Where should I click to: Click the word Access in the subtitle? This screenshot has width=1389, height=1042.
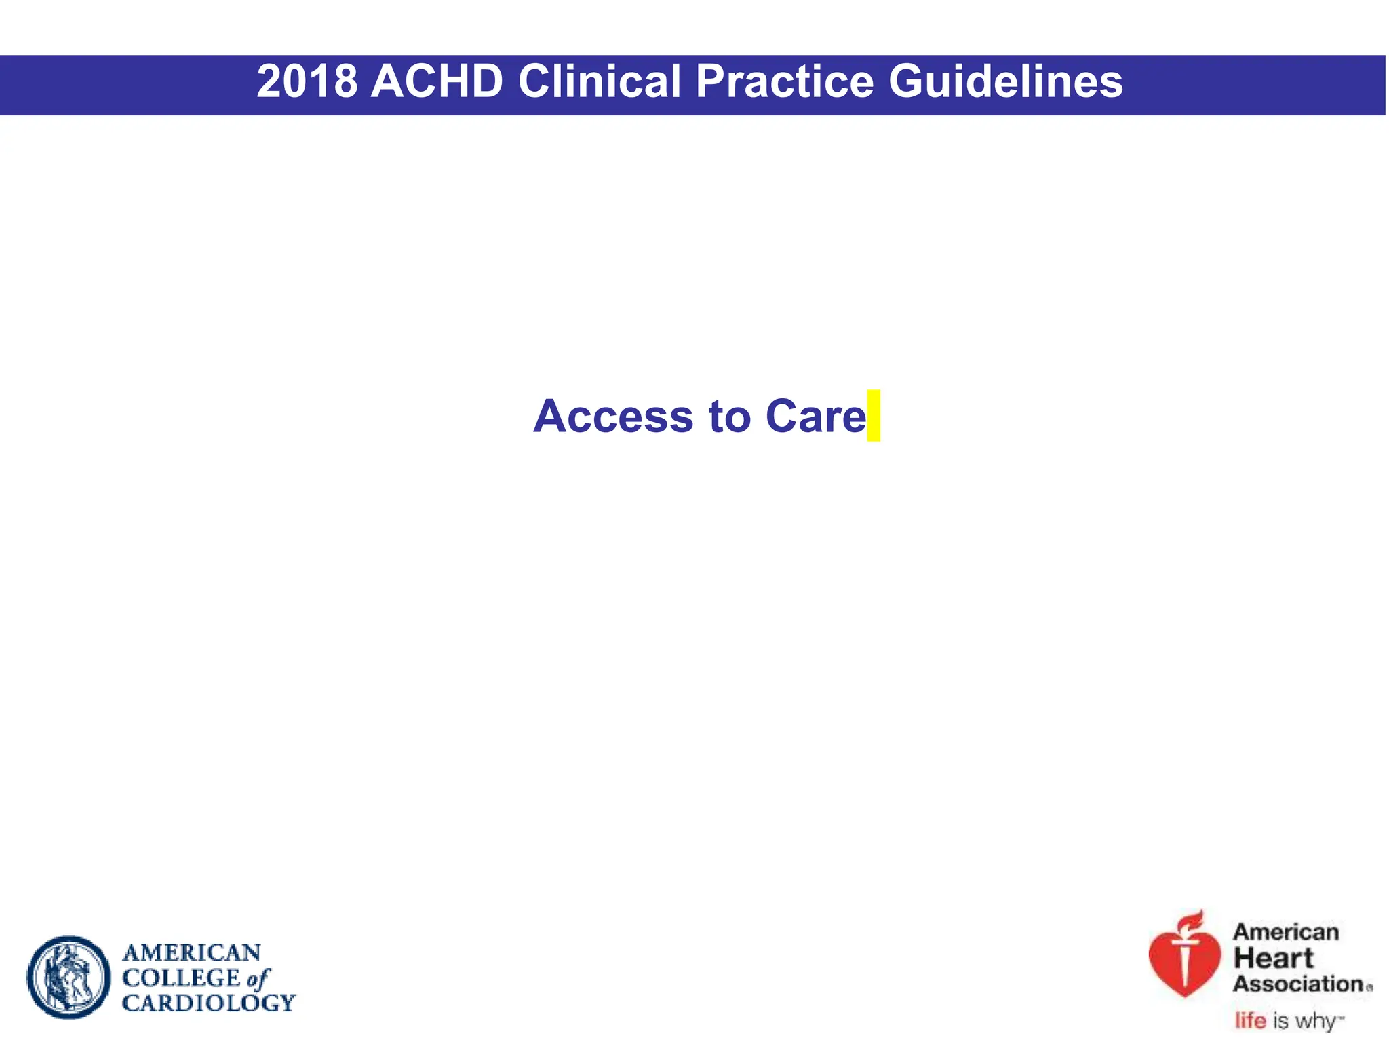point(613,417)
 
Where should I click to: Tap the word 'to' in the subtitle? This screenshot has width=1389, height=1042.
point(730,417)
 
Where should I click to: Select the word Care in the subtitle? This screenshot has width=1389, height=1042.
point(815,417)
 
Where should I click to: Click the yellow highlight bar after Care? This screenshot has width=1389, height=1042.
point(874,415)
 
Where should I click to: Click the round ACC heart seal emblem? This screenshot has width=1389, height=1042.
point(69,978)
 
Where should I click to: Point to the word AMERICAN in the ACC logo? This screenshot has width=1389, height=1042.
point(191,953)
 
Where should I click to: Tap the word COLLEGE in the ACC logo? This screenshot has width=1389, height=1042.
point(181,978)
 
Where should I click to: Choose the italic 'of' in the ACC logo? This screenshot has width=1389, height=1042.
point(258,978)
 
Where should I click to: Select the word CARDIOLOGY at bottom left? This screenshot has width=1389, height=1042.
point(208,1003)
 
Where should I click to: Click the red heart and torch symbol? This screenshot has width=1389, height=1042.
point(1184,960)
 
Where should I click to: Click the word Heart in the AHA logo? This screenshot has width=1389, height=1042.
point(1273,959)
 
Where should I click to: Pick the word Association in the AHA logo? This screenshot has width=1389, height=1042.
point(1298,984)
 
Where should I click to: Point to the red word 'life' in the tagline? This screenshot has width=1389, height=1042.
point(1250,1020)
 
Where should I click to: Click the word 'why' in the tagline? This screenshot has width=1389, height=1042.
point(1316,1021)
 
